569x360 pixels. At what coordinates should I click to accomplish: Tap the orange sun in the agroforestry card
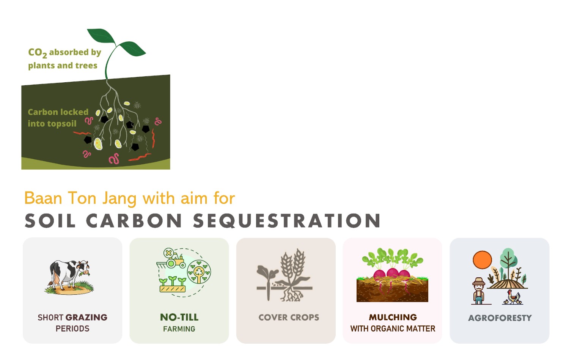(482, 259)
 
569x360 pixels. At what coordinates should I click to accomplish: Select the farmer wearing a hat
(479, 291)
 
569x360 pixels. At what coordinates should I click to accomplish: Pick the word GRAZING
(86, 317)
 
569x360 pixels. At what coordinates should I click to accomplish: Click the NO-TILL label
(179, 317)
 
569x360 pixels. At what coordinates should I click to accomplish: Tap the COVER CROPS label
(289, 317)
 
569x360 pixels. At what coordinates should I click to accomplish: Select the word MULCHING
(393, 317)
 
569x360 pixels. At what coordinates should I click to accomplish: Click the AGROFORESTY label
(500, 318)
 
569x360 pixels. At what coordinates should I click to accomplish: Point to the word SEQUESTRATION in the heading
(287, 220)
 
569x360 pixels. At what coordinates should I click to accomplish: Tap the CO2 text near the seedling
(37, 53)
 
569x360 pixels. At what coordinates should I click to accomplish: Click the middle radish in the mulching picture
(392, 273)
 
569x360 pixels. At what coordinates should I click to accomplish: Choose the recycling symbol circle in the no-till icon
(199, 272)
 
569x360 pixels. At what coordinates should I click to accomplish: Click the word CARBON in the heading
(134, 220)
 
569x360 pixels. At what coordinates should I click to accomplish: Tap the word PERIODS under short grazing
(72, 329)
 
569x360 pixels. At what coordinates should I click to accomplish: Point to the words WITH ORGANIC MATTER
(393, 329)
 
